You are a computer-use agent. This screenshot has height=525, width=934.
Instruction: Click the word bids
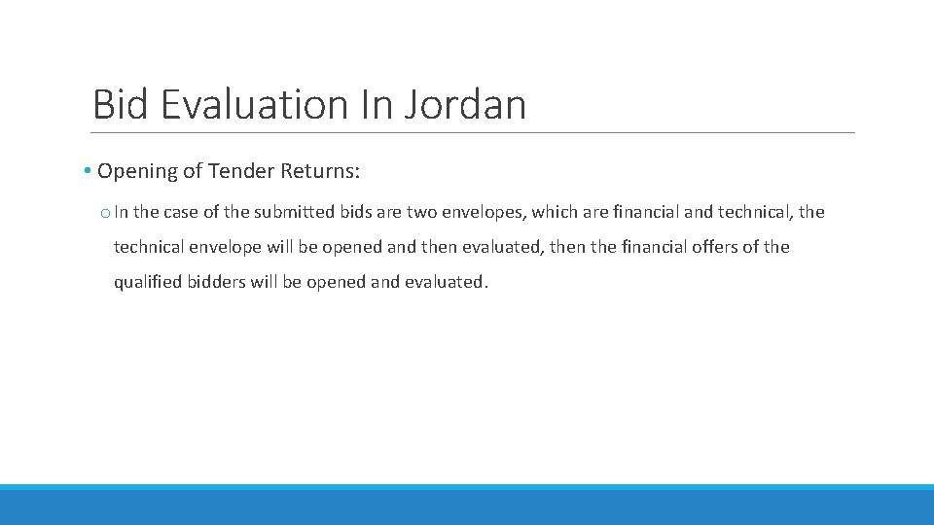pos(354,212)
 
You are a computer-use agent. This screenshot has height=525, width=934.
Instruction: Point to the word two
pos(422,212)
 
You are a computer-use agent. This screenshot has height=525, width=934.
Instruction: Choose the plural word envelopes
pos(486,212)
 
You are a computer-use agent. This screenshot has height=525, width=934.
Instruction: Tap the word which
pos(554,212)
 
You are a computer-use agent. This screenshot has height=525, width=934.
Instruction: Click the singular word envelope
pos(226,247)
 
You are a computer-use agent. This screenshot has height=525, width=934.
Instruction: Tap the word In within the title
pos(375,104)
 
